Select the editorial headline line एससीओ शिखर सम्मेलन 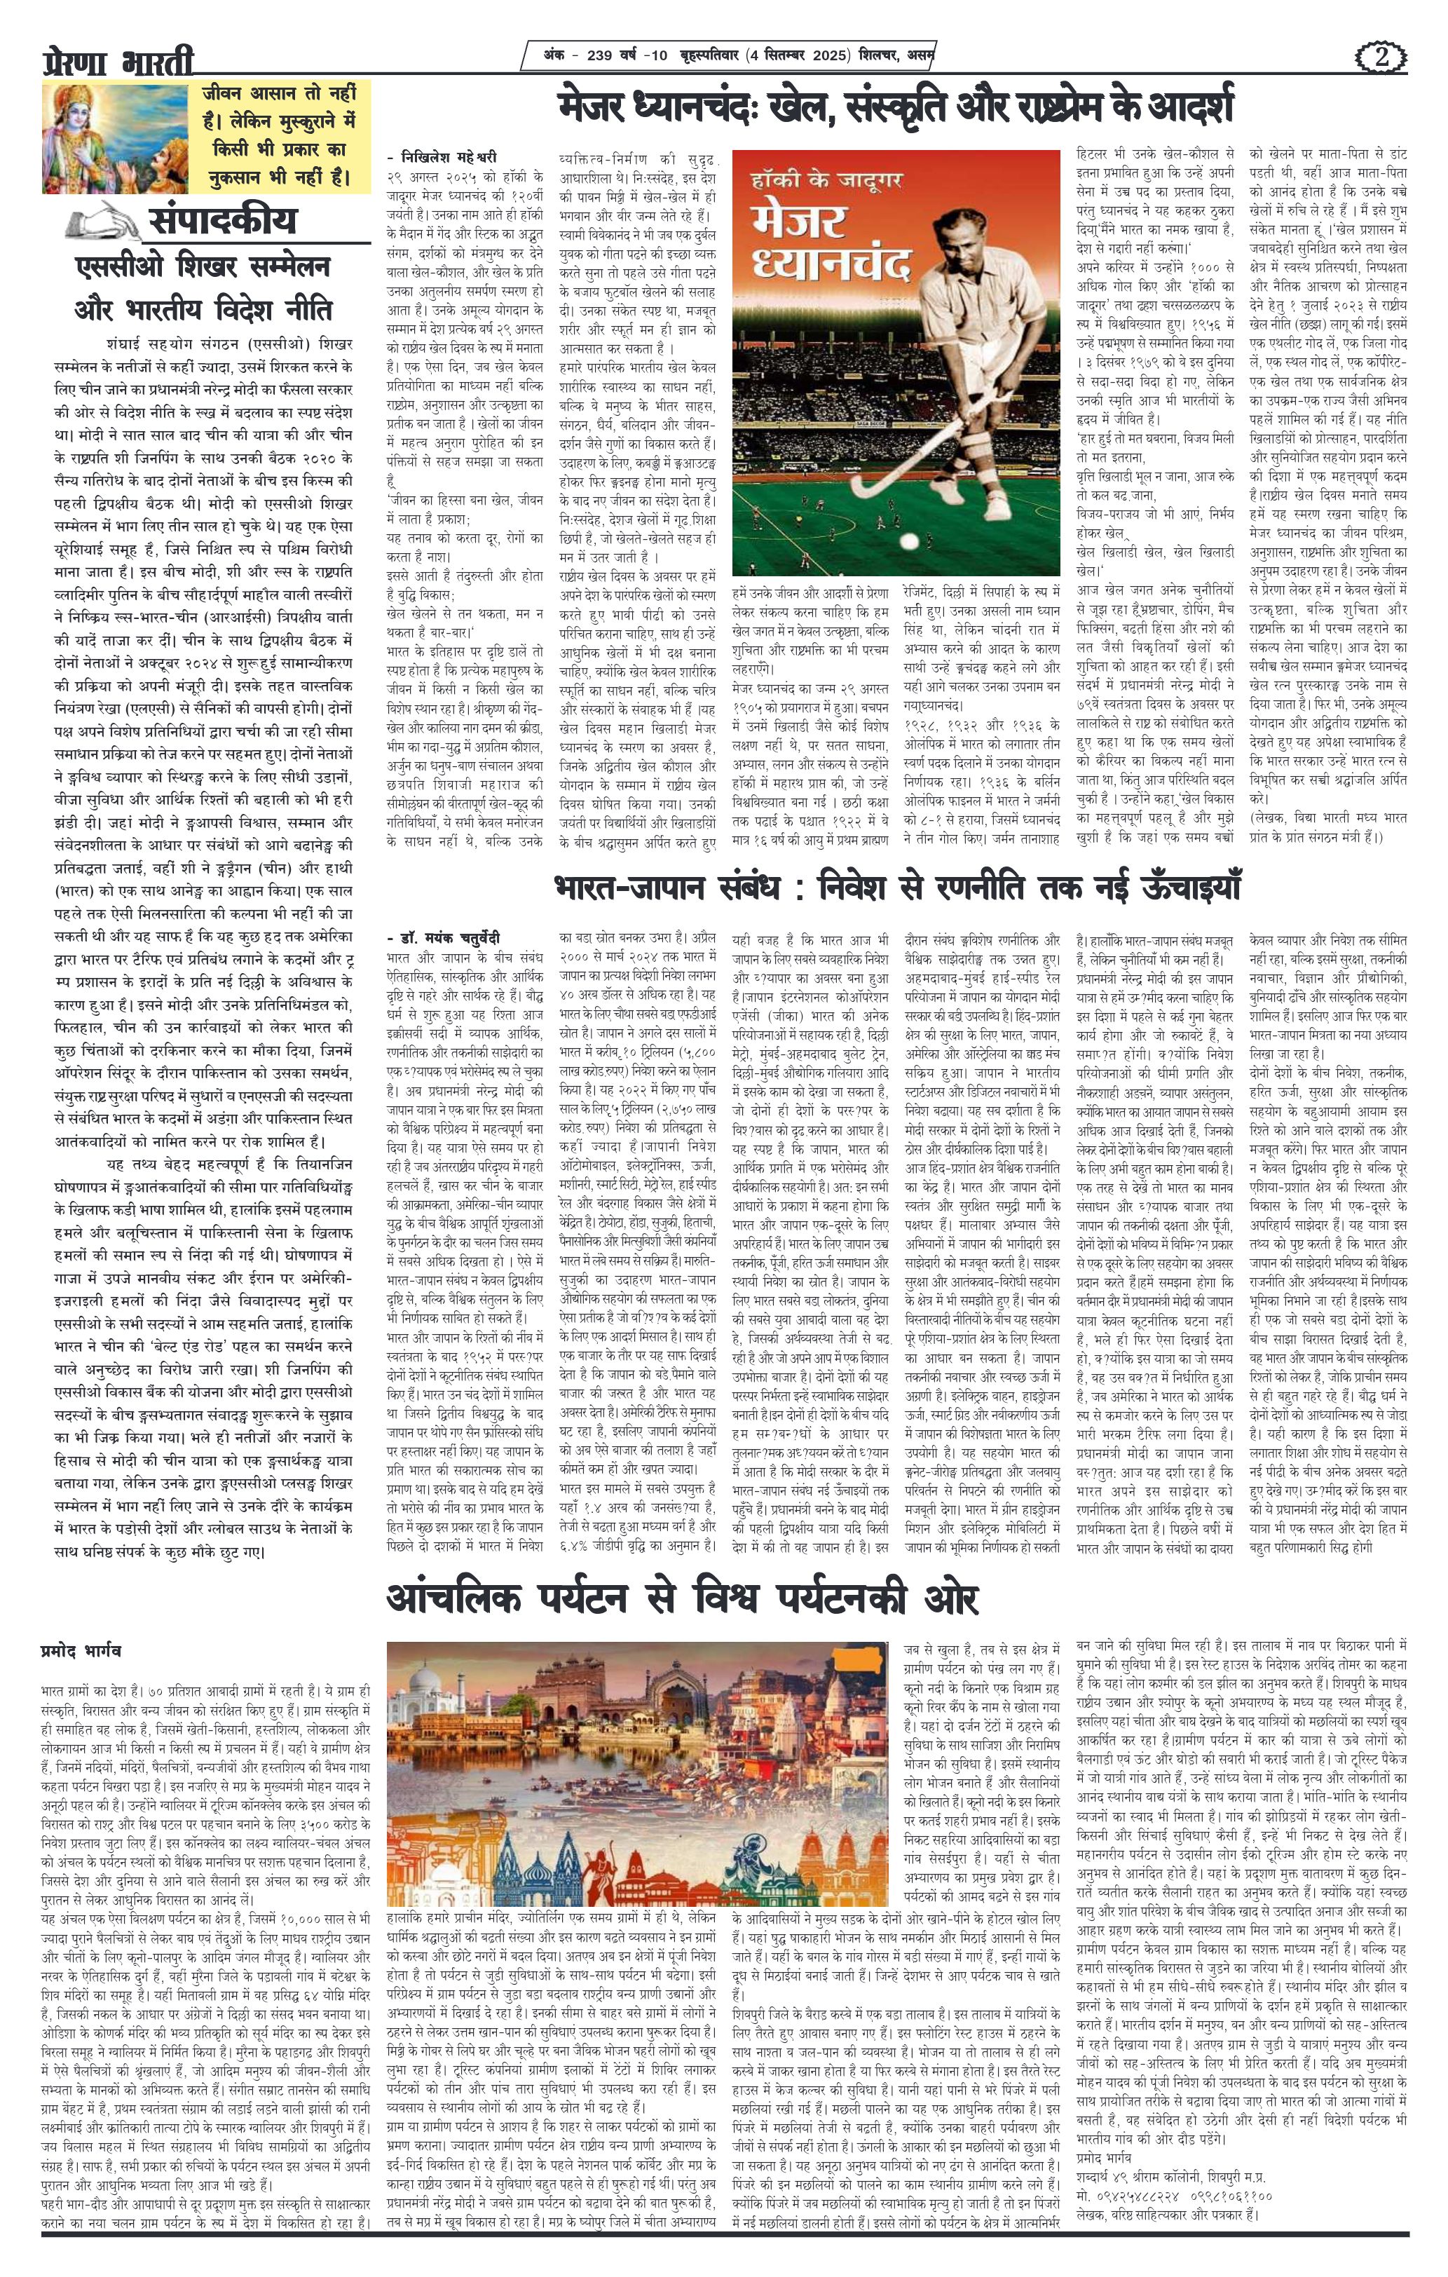(208, 268)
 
